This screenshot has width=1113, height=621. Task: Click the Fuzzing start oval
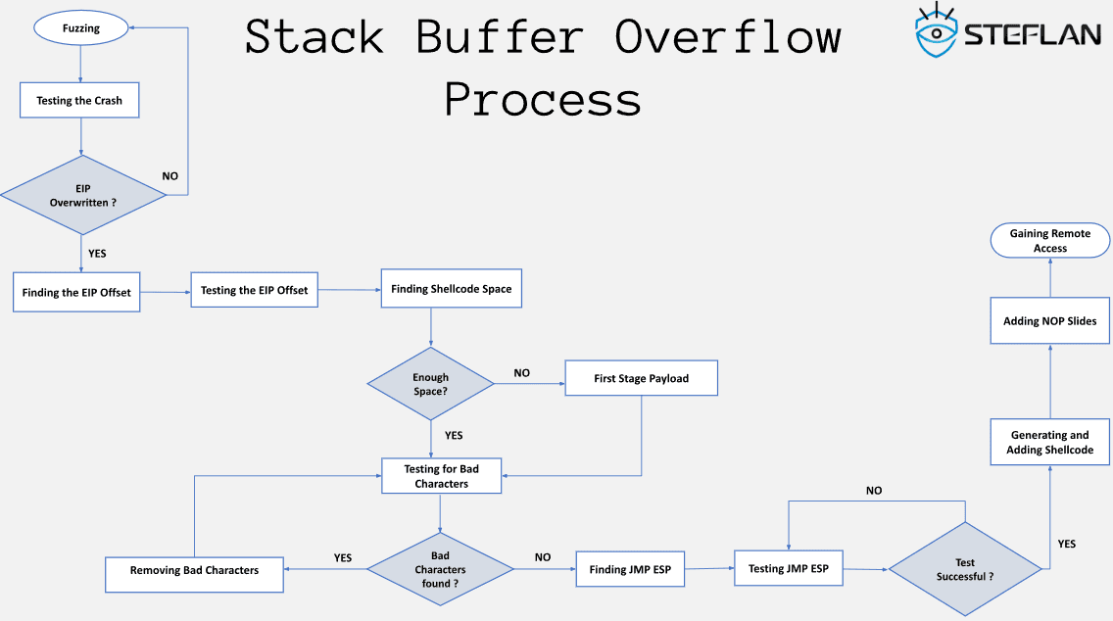click(x=81, y=28)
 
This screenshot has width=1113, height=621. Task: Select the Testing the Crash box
click(x=79, y=100)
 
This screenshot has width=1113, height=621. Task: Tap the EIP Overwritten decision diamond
click(x=82, y=195)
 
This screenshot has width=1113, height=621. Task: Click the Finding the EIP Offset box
click(x=76, y=292)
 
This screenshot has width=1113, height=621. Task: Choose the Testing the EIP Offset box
click(x=254, y=290)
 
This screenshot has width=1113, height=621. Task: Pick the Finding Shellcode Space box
click(x=451, y=289)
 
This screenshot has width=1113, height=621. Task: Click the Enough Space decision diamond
click(x=431, y=384)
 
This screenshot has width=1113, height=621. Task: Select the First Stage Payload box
click(x=641, y=378)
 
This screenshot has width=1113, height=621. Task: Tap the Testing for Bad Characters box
click(x=441, y=476)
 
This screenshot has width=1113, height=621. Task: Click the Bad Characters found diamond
click(x=440, y=569)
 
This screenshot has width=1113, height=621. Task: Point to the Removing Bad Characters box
click(x=194, y=570)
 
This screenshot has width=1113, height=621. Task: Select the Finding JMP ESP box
click(x=630, y=569)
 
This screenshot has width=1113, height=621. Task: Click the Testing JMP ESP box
click(x=788, y=568)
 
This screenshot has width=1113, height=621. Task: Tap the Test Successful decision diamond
click(x=964, y=569)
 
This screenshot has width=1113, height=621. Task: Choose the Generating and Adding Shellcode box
click(x=1049, y=442)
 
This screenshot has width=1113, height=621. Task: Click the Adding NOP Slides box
click(x=1049, y=321)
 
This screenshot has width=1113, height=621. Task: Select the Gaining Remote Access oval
click(x=1049, y=241)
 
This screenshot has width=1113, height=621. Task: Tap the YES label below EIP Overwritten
click(x=97, y=254)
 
